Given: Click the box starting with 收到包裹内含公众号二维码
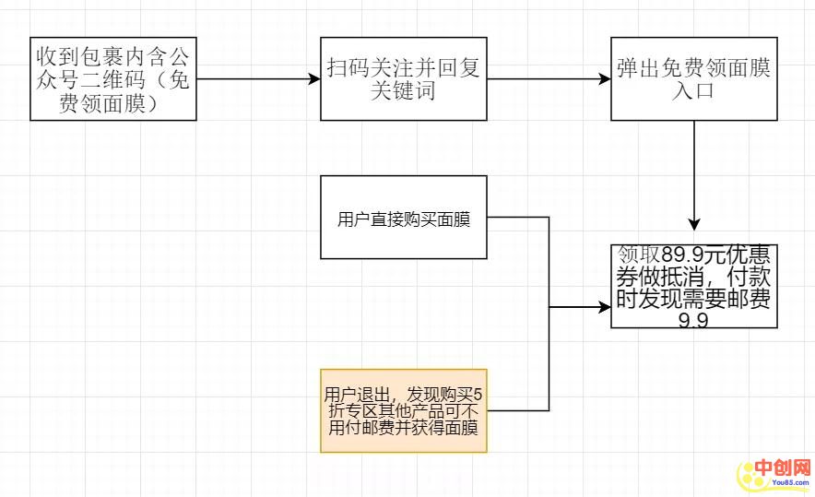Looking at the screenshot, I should click(113, 79).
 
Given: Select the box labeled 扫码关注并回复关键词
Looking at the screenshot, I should click(403, 79).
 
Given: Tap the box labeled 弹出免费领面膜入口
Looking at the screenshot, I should click(693, 79).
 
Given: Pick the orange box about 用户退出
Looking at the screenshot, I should click(403, 410).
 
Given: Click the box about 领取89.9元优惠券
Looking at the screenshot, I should click(693, 287).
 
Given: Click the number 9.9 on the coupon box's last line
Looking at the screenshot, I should click(693, 321).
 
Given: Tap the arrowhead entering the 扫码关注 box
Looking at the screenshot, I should click(313, 79).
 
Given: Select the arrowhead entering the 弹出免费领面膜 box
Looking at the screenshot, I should click(604, 79).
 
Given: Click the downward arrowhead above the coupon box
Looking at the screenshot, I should click(694, 224).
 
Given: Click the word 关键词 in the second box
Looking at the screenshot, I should click(403, 91).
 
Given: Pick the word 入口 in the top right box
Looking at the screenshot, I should click(693, 91).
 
